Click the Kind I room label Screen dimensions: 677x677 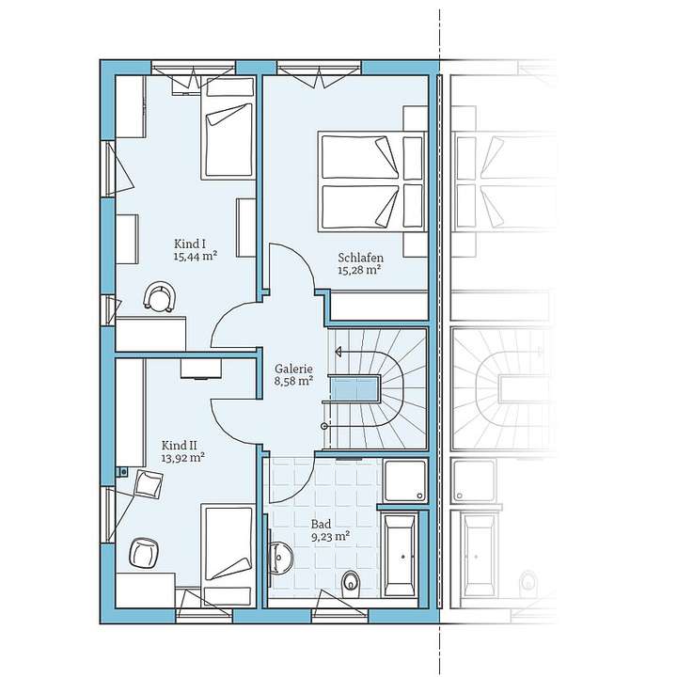[x=190, y=244]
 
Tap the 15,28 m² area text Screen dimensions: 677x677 [x=359, y=270]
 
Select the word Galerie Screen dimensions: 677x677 [x=292, y=370]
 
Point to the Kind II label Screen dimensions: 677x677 [x=179, y=445]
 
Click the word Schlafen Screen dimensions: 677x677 [x=358, y=257]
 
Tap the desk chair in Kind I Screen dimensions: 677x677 [x=160, y=297]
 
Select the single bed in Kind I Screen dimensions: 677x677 [x=228, y=140]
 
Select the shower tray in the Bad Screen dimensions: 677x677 [x=405, y=481]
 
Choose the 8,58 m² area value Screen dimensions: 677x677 [x=293, y=383]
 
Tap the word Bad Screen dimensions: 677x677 [x=320, y=523]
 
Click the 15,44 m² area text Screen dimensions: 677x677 [x=196, y=256]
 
